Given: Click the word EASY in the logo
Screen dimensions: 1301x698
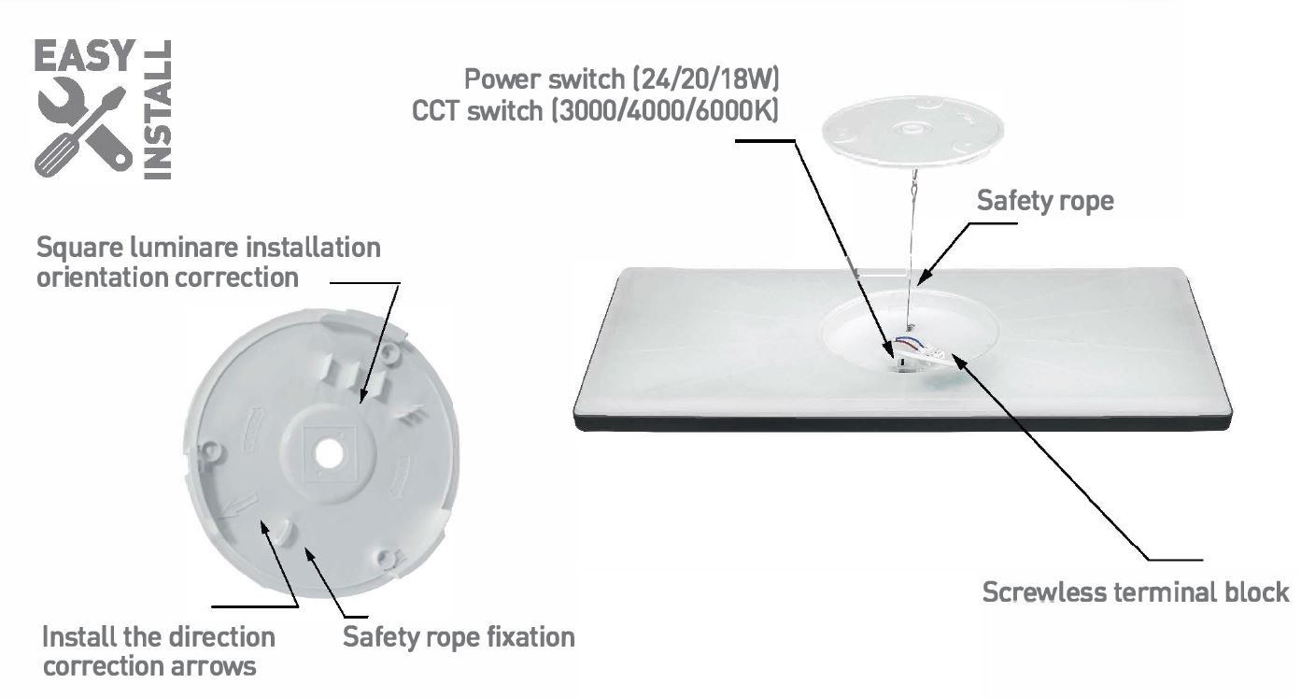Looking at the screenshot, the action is pyautogui.click(x=85, y=56).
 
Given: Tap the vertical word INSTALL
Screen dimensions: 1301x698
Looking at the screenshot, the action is pyautogui.click(x=157, y=109).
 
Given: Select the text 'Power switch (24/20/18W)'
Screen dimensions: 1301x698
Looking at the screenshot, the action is pyautogui.click(x=621, y=79).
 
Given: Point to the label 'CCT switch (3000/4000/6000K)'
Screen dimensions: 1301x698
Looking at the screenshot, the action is pyautogui.click(x=595, y=111).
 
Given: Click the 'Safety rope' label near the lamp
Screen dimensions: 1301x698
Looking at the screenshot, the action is pyautogui.click(x=1045, y=201).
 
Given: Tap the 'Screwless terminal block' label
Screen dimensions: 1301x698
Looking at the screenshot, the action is pyautogui.click(x=1136, y=592).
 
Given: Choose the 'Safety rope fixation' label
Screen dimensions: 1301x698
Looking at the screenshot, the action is pyautogui.click(x=459, y=637).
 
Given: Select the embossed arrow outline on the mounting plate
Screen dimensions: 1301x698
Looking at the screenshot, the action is pyautogui.click(x=239, y=505).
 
